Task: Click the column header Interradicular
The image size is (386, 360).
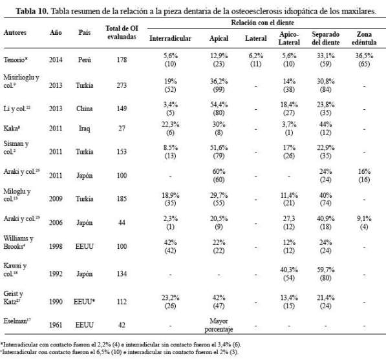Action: (x=170, y=38)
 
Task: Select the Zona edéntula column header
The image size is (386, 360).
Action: (x=364, y=38)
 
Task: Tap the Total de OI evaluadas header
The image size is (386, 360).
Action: (x=122, y=32)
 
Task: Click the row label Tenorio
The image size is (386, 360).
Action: (x=16, y=59)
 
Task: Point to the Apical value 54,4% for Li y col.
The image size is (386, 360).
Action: (x=219, y=105)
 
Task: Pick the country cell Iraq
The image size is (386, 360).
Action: (x=84, y=129)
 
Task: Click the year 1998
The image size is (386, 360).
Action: (x=56, y=246)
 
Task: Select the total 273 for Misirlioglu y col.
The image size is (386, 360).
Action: (x=122, y=85)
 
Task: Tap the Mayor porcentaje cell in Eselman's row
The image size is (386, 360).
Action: (x=219, y=325)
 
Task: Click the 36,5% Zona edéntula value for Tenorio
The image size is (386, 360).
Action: (x=364, y=56)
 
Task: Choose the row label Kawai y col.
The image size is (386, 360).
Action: (x=15, y=270)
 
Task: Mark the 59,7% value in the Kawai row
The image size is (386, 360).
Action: (x=325, y=270)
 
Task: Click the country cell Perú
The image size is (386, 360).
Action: (x=84, y=59)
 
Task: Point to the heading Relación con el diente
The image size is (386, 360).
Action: (x=263, y=23)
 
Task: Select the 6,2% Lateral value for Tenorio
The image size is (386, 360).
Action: (x=256, y=56)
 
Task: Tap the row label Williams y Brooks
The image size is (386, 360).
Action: (x=18, y=242)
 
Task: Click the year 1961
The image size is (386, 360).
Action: (x=56, y=325)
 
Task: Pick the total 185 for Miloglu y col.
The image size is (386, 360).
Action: (x=122, y=198)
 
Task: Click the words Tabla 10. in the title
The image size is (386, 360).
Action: (x=32, y=12)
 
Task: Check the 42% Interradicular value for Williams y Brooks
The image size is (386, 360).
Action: (x=170, y=242)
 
